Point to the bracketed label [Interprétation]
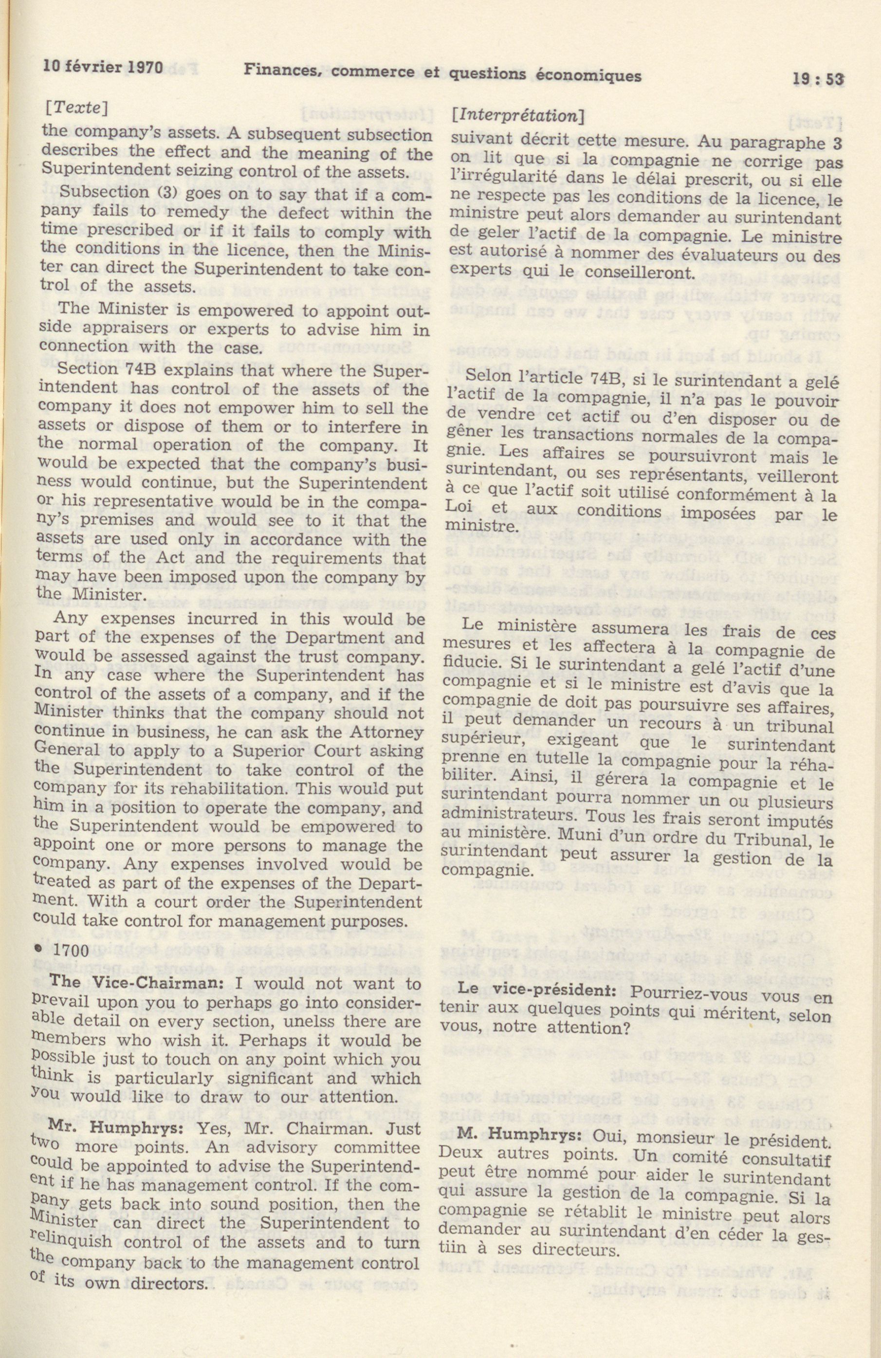pos(517,116)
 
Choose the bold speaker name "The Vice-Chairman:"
pos(122,984)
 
